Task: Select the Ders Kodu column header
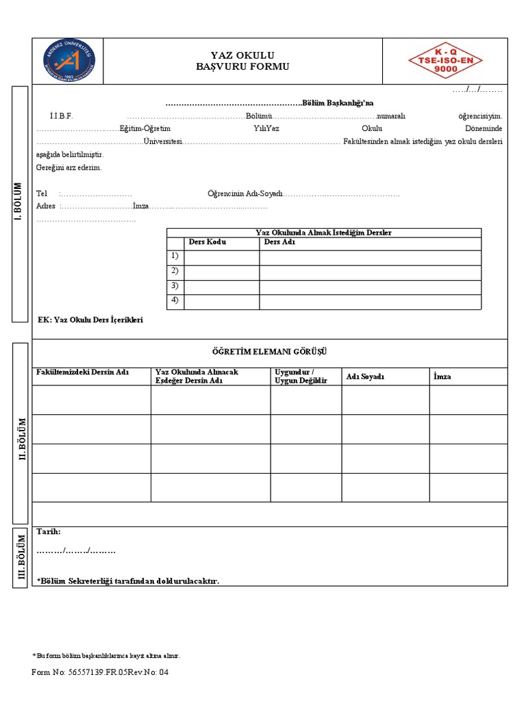tap(207, 242)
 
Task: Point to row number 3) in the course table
tap(175, 287)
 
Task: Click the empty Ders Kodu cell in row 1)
tap(221, 257)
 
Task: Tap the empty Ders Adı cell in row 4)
tap(370, 302)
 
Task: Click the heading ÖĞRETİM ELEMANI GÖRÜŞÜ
tap(269, 352)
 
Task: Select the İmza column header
tap(442, 377)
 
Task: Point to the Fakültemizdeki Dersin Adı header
tap(82, 372)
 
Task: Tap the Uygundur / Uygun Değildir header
tap(301, 376)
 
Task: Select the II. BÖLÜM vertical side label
tap(21, 438)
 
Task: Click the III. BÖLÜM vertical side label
tap(21, 557)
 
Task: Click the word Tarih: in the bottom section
tap(48, 532)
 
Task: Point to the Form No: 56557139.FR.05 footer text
tap(99, 672)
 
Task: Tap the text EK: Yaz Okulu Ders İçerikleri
tap(90, 320)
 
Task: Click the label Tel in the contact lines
tap(42, 194)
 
